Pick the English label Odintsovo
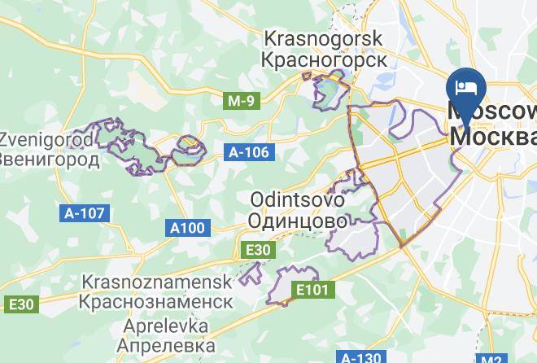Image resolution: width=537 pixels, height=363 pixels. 297,199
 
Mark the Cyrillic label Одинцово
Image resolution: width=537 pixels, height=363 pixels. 298,220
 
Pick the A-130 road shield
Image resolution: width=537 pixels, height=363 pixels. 359,357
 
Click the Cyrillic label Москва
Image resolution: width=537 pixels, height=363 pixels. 493,135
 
